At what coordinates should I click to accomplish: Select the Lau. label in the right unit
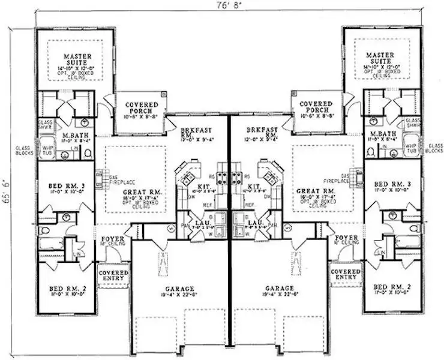pos(256,223)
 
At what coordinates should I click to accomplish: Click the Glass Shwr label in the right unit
pos(413,124)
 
